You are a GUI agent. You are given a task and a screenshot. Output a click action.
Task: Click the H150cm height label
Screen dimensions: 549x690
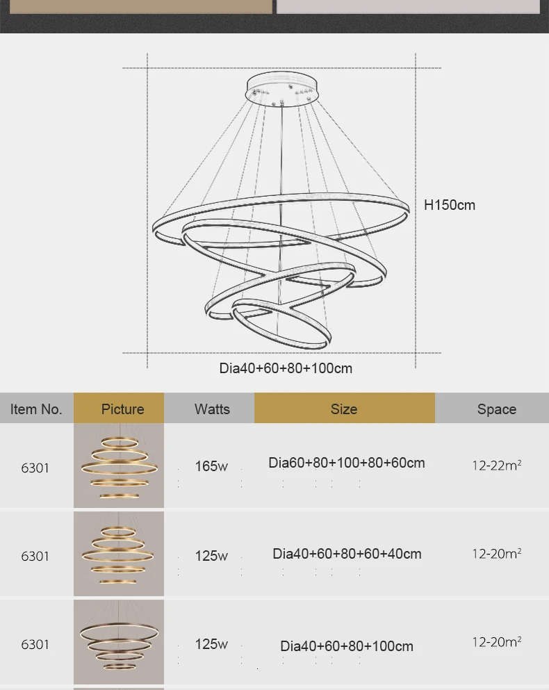tap(450, 205)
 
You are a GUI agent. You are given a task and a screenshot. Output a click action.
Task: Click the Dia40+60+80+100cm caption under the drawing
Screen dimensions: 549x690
tap(286, 368)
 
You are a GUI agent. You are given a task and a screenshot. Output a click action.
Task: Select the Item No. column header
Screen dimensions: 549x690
tap(36, 409)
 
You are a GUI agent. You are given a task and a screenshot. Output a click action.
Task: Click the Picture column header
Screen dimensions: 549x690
tap(123, 409)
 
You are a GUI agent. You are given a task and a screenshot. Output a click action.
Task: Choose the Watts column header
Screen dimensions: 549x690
tap(212, 409)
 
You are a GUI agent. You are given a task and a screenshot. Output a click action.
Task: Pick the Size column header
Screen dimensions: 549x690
tap(344, 409)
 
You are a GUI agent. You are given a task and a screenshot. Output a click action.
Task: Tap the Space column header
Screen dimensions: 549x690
tap(497, 409)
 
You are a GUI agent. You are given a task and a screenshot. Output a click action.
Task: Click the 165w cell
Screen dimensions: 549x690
tap(211, 466)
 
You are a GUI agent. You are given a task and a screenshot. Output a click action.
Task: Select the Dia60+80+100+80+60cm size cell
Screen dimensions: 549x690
tap(347, 463)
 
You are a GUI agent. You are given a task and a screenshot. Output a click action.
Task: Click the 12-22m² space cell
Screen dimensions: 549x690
tap(497, 465)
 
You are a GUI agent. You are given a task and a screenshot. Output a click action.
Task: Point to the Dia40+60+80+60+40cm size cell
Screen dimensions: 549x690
tap(347, 554)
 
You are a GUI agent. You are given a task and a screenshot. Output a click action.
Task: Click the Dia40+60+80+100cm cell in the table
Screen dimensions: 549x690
tap(347, 646)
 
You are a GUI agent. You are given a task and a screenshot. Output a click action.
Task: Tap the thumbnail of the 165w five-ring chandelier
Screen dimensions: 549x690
tap(119, 466)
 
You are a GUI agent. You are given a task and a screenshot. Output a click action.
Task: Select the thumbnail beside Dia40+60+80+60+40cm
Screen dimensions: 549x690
tap(119, 554)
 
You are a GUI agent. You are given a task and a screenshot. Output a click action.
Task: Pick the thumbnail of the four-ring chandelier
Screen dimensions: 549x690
tap(119, 641)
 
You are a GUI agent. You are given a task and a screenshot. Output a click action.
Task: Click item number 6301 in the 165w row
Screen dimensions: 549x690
tap(35, 468)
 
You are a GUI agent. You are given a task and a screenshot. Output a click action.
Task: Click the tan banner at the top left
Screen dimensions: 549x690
tap(141, 6)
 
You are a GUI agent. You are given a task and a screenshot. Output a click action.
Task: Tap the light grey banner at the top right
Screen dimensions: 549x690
tap(408, 6)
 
